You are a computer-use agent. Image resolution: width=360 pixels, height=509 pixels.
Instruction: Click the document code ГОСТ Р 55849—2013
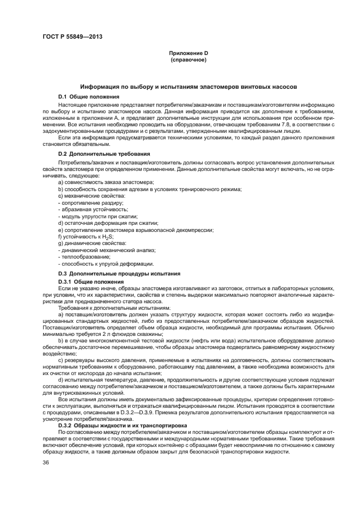(x=72, y=37)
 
